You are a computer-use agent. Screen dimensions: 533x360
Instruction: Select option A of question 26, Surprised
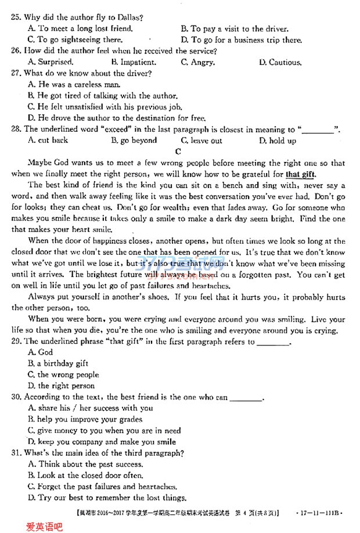pos(51,62)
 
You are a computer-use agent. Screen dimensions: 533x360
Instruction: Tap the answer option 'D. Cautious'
pos(280,62)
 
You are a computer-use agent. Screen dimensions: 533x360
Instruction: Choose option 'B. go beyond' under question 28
pos(134,141)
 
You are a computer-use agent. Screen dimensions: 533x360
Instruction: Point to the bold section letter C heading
pos(178,152)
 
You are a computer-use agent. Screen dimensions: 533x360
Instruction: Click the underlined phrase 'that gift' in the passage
pos(301,174)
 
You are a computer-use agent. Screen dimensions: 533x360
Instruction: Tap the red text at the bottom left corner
pos(44,526)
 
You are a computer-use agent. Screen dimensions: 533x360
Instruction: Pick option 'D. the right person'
pos(61,386)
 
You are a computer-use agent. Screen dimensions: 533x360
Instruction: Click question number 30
pos(16,397)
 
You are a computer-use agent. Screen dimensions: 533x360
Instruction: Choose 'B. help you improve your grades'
pos(85,419)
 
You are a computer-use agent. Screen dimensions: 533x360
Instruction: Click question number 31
pos(16,453)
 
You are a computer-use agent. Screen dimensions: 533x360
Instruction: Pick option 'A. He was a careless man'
pos(74,85)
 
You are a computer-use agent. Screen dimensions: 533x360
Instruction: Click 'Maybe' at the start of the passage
pos(39,163)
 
